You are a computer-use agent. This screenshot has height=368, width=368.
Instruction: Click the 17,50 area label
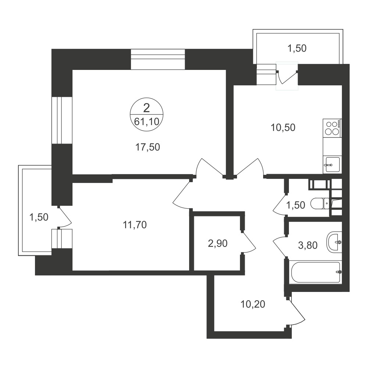(x=148, y=148)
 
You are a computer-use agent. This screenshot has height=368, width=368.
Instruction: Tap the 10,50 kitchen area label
(x=283, y=128)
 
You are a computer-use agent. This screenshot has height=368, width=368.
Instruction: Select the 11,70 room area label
(x=135, y=225)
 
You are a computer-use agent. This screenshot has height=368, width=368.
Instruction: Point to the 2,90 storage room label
(x=217, y=244)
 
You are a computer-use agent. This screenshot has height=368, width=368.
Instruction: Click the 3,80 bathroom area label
(x=308, y=245)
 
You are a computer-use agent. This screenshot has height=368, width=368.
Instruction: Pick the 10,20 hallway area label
(x=253, y=304)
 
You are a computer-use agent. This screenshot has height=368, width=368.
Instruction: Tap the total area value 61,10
(x=147, y=121)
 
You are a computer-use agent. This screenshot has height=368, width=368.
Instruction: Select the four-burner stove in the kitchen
(x=332, y=128)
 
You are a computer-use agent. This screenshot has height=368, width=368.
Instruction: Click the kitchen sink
(x=332, y=165)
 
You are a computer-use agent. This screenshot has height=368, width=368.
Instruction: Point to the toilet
(x=321, y=204)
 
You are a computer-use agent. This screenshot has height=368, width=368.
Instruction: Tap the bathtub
(x=316, y=272)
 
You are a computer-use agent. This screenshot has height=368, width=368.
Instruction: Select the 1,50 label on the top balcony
(x=297, y=48)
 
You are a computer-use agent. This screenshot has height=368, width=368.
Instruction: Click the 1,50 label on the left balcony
(x=39, y=217)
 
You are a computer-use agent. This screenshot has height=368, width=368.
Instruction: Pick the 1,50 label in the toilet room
(x=296, y=205)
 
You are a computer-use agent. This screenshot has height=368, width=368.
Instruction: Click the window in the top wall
(x=158, y=59)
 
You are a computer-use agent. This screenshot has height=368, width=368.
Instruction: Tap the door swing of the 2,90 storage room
(x=249, y=243)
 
